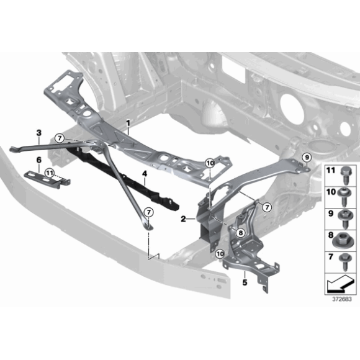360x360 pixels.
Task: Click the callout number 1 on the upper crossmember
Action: pos(128,124)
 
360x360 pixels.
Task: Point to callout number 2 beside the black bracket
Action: pos(184,218)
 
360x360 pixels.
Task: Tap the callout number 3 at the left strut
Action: pos(38,133)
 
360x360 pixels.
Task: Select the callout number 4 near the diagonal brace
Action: pos(143,174)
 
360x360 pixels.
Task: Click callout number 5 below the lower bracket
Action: pos(245,282)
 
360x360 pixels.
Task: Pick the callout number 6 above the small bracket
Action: pos(38,160)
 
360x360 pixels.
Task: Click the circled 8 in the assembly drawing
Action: pos(241,233)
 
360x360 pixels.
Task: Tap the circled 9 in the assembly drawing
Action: pos(307,155)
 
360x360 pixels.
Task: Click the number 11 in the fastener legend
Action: pos(330,170)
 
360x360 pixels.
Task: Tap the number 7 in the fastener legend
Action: pos(330,255)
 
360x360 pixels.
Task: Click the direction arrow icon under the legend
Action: pos(340,284)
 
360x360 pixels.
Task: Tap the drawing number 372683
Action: pos(341,299)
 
